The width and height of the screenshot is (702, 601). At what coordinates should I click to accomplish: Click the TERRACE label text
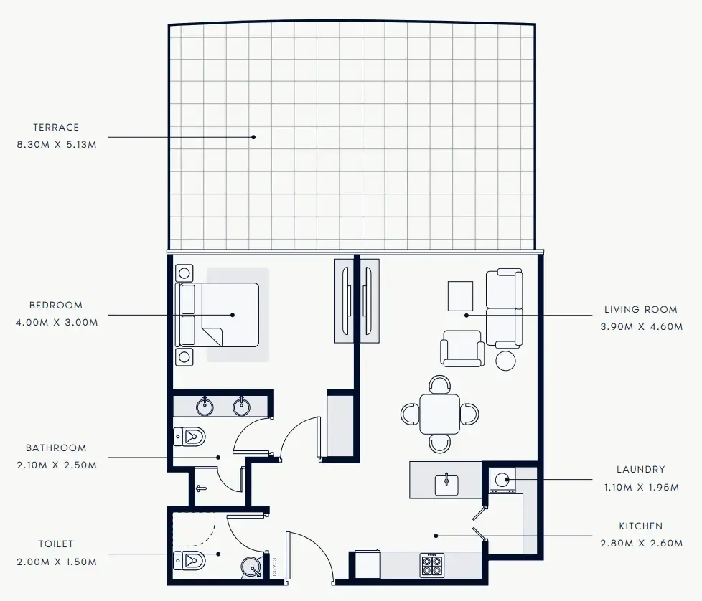(x=56, y=127)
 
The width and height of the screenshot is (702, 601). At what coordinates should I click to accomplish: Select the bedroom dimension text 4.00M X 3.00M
(x=56, y=322)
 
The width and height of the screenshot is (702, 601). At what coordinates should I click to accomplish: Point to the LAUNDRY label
(x=640, y=470)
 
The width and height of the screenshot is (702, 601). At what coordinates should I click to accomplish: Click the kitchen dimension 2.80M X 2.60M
(x=641, y=543)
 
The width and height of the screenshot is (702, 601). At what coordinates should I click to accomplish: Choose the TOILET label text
(x=56, y=544)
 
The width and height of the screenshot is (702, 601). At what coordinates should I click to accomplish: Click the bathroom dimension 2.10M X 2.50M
(x=56, y=465)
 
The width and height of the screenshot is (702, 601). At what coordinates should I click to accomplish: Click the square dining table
(x=440, y=414)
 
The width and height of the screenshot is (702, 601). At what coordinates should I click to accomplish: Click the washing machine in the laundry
(x=503, y=479)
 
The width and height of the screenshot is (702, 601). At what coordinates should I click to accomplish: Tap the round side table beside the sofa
(x=506, y=360)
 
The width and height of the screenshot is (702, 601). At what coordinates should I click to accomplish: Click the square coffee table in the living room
(x=460, y=295)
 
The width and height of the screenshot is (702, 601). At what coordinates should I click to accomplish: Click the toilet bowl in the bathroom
(x=190, y=436)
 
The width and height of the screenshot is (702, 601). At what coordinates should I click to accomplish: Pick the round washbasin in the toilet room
(x=252, y=568)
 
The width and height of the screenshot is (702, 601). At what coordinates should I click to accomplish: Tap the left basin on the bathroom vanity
(x=206, y=407)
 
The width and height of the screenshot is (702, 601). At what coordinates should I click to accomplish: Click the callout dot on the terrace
(x=253, y=136)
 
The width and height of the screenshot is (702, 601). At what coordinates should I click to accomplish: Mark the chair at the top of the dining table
(x=440, y=384)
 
